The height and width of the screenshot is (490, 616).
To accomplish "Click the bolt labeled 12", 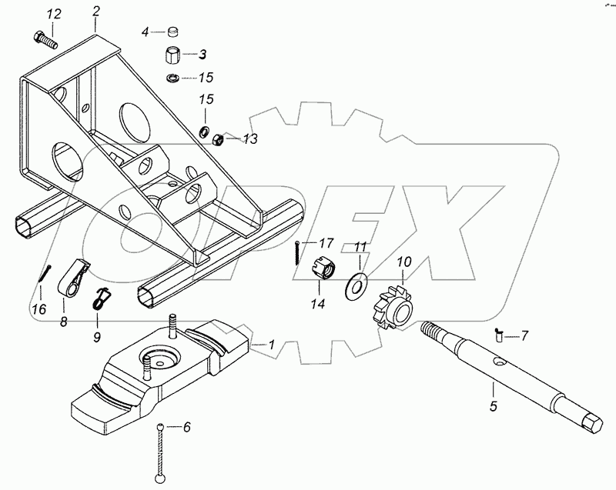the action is coord(45,41).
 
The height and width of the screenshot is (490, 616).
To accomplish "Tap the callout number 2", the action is coord(95,12).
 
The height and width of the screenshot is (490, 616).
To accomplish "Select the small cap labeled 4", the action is coord(172,31).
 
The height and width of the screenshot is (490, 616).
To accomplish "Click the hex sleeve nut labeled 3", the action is coord(172,55).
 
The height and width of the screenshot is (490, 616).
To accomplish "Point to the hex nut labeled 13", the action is coord(218,139).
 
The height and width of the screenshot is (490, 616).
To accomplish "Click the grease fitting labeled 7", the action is coord(498,336).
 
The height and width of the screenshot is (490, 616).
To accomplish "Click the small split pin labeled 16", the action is coord(45,272).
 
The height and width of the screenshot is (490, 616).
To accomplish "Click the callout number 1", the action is coord(271,345).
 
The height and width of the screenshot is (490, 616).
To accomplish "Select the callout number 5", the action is coord(494,405).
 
